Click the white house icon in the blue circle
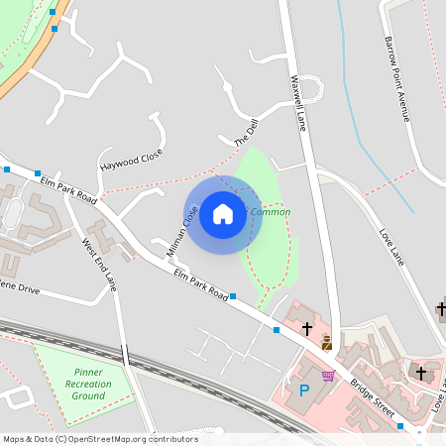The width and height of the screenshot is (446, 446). (x=223, y=213)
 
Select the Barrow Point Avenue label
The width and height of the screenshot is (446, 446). (x=396, y=79)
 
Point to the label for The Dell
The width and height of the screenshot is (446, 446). (x=245, y=136)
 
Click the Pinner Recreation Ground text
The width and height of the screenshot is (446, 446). (x=87, y=384)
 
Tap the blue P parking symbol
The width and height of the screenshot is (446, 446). (x=304, y=390)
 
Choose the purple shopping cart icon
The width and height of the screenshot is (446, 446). (x=328, y=376)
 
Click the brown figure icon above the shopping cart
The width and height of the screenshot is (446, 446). (x=327, y=343)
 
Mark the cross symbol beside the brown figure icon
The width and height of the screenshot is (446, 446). (x=307, y=327)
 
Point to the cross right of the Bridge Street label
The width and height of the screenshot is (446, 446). (x=421, y=373)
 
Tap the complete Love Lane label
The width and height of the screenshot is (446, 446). (x=392, y=248)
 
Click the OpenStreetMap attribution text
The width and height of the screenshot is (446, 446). (x=99, y=439)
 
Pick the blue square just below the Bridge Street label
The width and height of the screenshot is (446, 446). (x=400, y=426)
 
